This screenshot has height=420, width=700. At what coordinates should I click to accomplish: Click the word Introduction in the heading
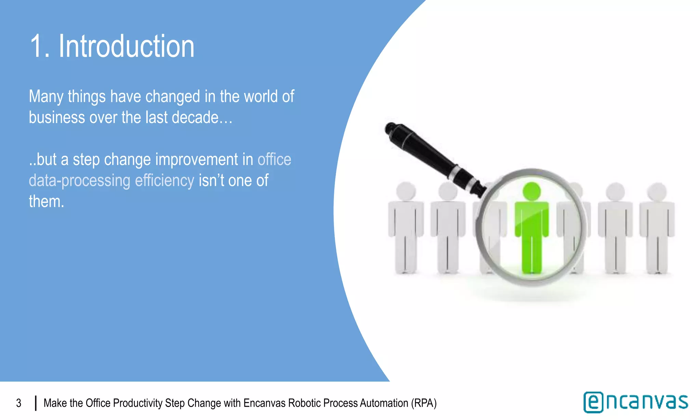click(126, 46)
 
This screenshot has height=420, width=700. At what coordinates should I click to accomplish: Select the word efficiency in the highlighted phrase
click(164, 180)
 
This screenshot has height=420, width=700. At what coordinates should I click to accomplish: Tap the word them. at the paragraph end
click(46, 202)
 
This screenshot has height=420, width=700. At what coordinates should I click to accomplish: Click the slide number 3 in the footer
click(19, 403)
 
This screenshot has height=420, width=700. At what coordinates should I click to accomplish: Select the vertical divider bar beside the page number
click(36, 403)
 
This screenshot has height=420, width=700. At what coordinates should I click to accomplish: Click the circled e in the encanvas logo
click(593, 402)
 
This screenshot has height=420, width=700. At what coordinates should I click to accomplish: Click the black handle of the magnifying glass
click(431, 154)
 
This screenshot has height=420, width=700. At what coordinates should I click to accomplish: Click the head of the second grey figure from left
click(447, 191)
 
